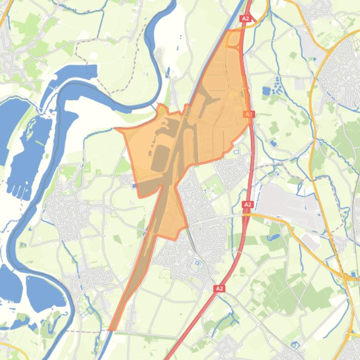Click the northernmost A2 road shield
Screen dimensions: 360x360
[x=246, y=19]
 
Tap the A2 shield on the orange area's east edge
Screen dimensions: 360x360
[x=249, y=114]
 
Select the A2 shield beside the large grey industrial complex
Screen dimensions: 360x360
[x=248, y=204]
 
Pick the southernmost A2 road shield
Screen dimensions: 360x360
[x=220, y=288]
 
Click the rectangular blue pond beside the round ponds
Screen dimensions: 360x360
[x=266, y=90]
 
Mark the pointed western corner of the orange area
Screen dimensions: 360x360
[x=116, y=128]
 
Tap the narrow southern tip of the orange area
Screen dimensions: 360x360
[x=112, y=329]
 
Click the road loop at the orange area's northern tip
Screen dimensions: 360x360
[x=232, y=39]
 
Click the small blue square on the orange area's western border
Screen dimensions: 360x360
[x=135, y=186]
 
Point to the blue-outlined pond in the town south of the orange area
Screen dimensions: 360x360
[x=197, y=263]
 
